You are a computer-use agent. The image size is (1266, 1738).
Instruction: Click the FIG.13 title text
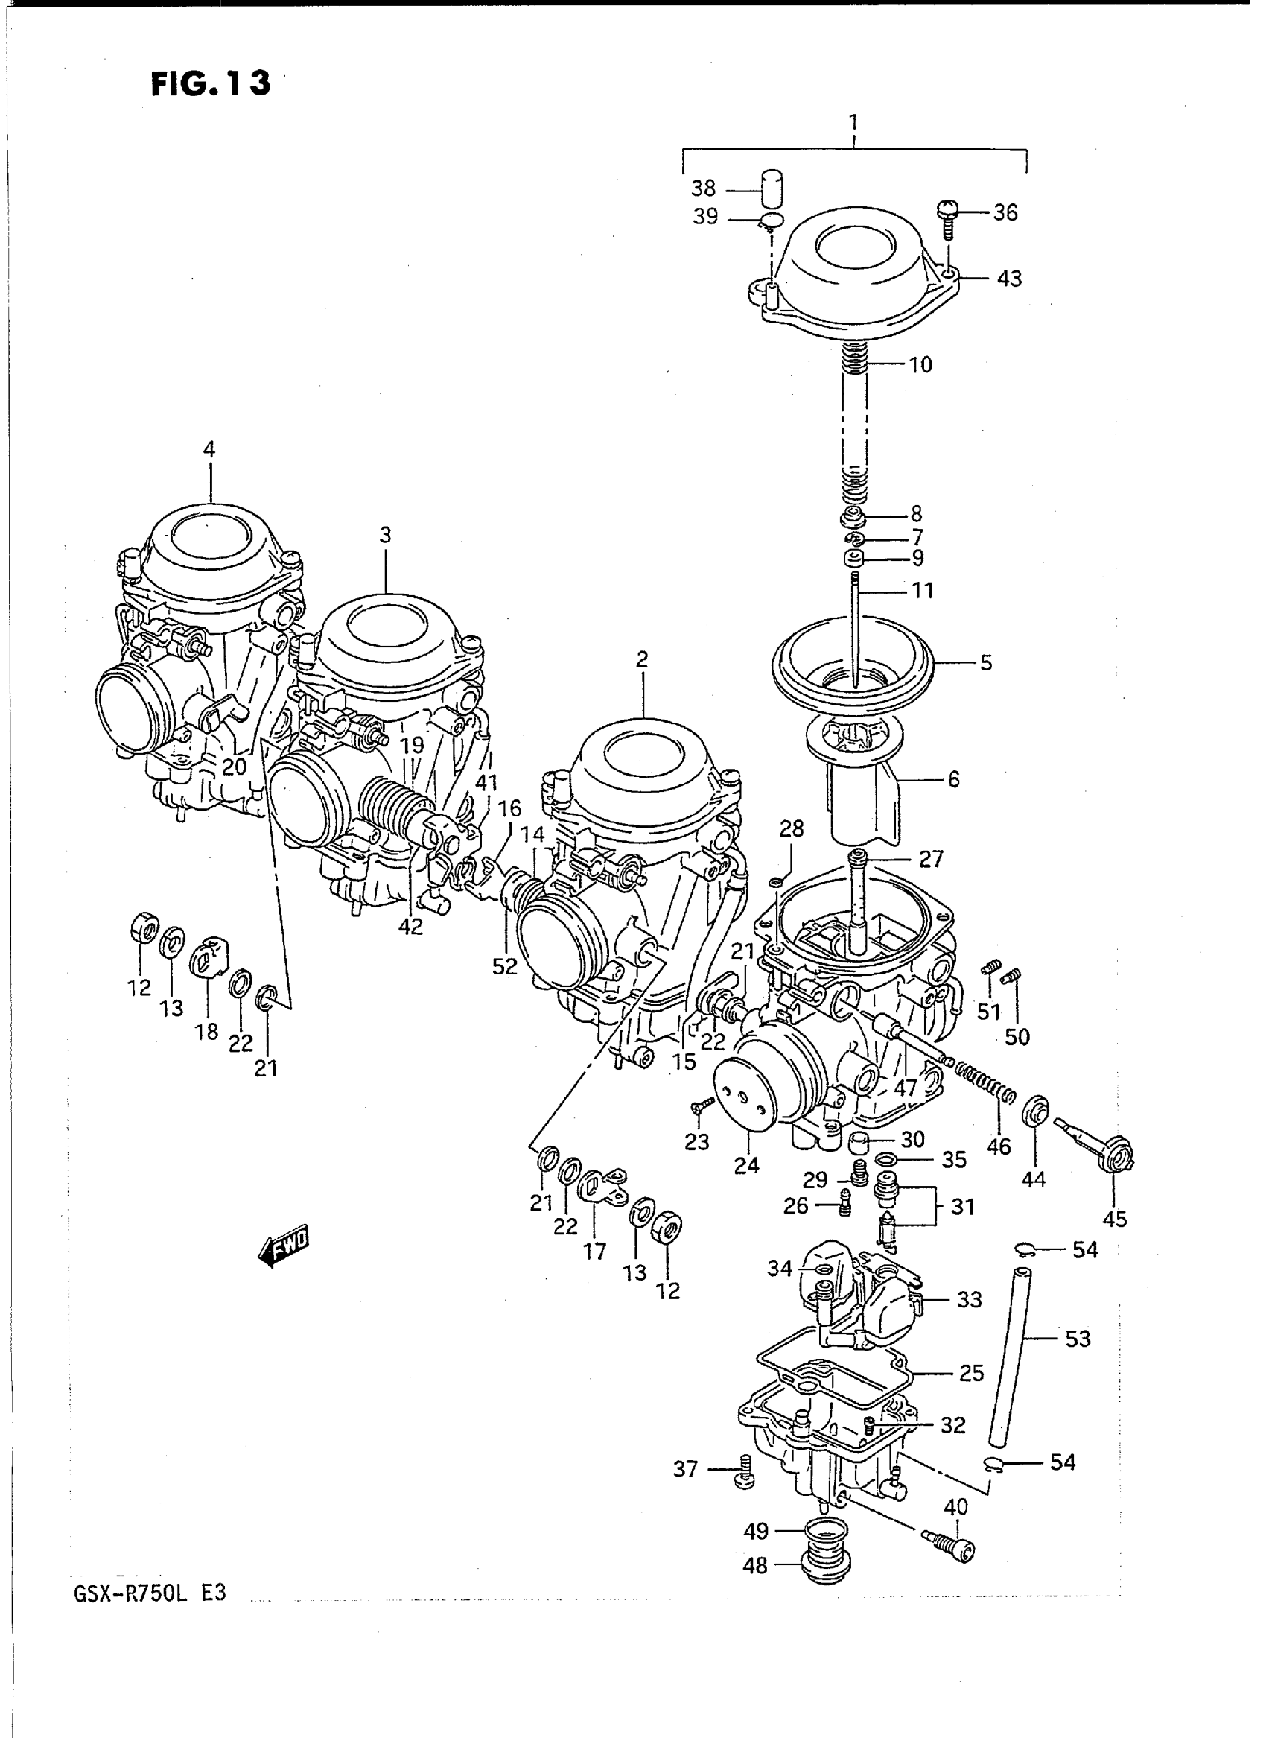click(210, 83)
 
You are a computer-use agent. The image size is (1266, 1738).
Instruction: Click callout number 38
click(703, 188)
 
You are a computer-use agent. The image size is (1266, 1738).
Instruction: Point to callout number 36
click(1005, 212)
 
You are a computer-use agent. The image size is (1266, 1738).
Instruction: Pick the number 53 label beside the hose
click(1078, 1339)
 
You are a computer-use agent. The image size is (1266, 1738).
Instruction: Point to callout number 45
click(1114, 1219)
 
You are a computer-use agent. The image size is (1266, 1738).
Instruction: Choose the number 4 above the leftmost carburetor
click(209, 449)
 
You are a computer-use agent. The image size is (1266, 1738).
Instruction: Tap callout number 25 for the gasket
click(971, 1372)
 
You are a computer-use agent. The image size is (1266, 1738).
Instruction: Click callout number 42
click(411, 926)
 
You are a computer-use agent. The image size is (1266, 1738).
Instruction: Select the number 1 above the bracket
click(853, 123)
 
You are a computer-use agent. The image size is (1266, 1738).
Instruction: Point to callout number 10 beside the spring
click(920, 365)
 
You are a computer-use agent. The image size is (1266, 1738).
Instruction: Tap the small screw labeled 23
click(702, 1106)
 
